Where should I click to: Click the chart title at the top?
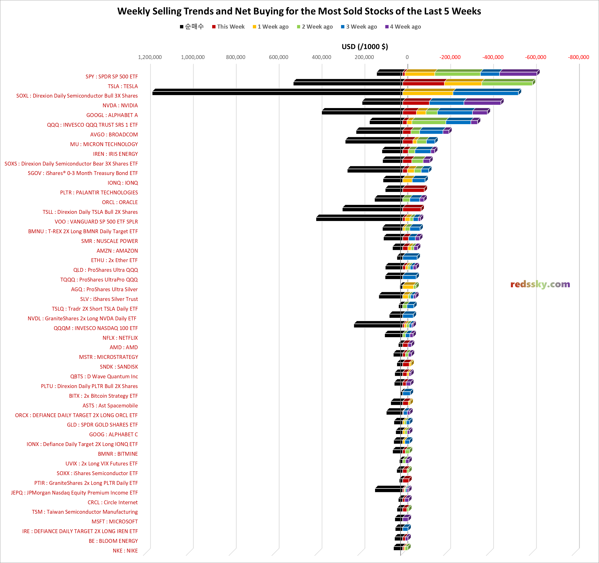(299, 11)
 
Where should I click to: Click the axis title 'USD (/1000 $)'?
(365, 47)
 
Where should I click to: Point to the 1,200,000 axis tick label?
(150, 57)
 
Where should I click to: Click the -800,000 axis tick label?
(578, 57)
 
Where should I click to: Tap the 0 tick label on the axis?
(407, 57)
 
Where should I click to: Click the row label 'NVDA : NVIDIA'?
(120, 105)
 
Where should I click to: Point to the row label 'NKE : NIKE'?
(125, 551)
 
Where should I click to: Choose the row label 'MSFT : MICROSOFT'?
(115, 521)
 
